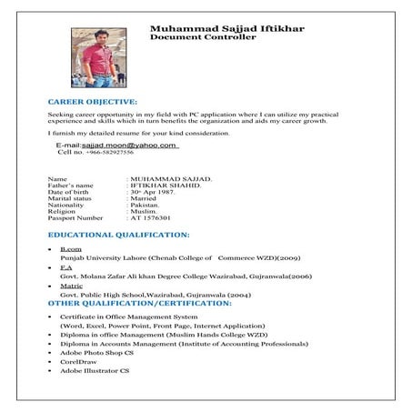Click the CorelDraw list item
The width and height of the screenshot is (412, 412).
click(77, 363)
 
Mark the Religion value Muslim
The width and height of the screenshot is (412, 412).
click(143, 212)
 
